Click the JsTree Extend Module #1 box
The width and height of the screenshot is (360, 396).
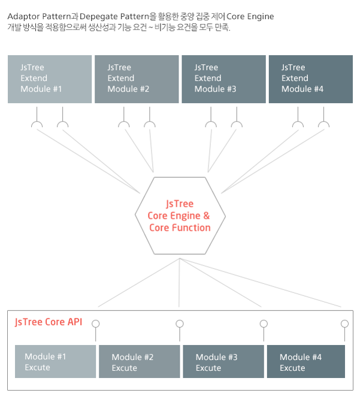50,78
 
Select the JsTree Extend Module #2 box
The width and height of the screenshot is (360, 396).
137,78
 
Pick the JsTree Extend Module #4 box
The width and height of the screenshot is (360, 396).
310,78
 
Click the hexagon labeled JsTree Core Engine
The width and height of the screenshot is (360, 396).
180,216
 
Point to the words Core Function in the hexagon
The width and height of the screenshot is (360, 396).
180,228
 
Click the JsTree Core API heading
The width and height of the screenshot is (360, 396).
49,322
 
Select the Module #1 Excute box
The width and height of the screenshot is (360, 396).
55,361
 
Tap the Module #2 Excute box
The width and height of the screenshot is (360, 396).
139,361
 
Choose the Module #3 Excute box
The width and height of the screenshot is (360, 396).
223,361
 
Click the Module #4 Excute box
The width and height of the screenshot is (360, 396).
305,361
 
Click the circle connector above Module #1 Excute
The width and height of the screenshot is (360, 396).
95,324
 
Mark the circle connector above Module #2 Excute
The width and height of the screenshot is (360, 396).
179,324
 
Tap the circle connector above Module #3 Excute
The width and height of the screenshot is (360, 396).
264,324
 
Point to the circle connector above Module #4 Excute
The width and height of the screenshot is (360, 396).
344,324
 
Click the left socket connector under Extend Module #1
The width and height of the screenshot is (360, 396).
37,125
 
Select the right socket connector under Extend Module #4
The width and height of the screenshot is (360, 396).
324,125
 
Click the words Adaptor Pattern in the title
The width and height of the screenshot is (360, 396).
37,17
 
